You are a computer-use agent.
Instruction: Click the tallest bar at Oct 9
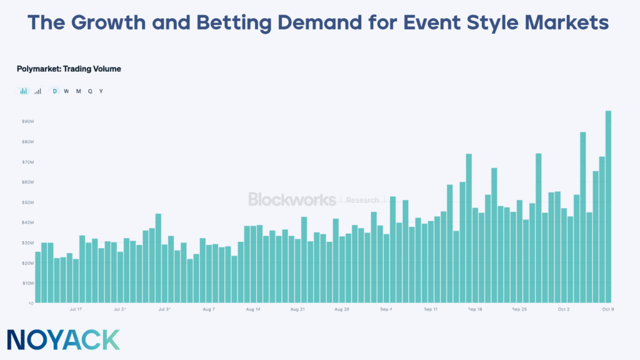click(x=608, y=206)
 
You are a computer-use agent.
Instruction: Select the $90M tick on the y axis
click(x=27, y=121)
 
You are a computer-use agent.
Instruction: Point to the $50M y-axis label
click(x=27, y=202)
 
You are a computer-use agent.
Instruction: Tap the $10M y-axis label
click(x=27, y=283)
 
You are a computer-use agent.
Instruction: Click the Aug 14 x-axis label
click(x=253, y=309)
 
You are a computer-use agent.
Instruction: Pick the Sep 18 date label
click(x=475, y=309)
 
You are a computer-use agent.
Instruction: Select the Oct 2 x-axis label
click(x=564, y=309)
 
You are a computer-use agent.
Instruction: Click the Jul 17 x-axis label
click(x=76, y=309)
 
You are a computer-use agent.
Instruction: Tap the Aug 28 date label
click(x=341, y=309)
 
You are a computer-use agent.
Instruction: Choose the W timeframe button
click(x=66, y=91)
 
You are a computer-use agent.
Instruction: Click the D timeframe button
click(x=54, y=91)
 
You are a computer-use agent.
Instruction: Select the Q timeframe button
click(x=90, y=91)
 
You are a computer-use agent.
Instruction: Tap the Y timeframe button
click(x=101, y=91)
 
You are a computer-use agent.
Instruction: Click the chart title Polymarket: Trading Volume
click(x=69, y=69)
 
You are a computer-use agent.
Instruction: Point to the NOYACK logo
click(x=64, y=339)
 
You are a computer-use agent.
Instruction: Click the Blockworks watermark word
click(x=292, y=199)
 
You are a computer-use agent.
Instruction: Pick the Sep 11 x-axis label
click(x=431, y=309)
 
